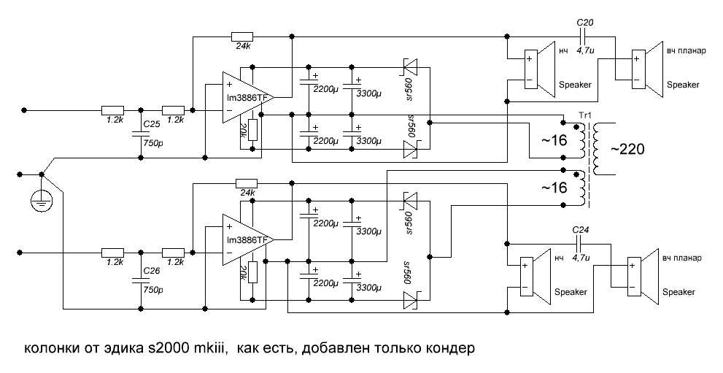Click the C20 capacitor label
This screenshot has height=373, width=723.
585,24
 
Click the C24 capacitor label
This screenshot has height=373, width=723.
581,228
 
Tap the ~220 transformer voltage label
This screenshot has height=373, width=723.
628,150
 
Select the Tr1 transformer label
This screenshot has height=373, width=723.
584,116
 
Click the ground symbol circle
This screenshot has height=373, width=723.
42,199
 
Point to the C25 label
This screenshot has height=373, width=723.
152,124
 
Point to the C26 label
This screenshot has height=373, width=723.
151,271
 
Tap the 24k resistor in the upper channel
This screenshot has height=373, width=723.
241,36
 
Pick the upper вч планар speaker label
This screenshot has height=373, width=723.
686,52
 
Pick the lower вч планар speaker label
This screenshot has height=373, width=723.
682,258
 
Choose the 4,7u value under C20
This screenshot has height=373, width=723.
584,51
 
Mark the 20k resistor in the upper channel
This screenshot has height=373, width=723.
252,130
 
